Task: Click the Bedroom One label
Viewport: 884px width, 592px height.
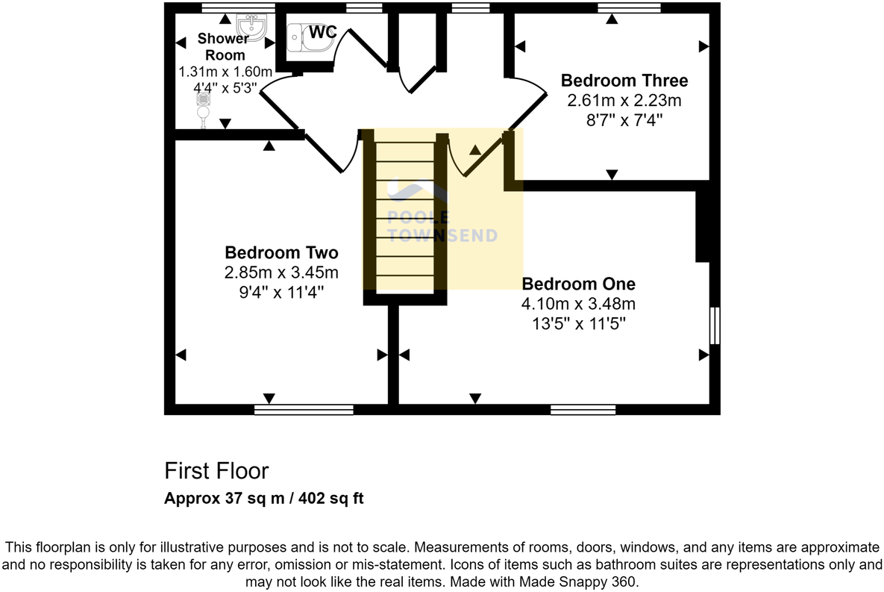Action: (x=578, y=284)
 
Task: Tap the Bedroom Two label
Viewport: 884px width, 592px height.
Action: (x=281, y=252)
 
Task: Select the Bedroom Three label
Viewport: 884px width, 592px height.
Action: (x=624, y=81)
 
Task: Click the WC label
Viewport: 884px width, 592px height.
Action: (x=322, y=33)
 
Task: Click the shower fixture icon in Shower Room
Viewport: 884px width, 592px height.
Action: (x=202, y=108)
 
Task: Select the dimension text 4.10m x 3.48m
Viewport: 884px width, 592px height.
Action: (x=578, y=304)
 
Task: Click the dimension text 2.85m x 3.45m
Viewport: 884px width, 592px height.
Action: (x=281, y=272)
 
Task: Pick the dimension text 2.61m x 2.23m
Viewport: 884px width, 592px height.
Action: (x=624, y=100)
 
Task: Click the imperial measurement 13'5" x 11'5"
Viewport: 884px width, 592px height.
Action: (x=578, y=323)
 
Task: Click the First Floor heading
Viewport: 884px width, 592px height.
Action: (x=216, y=471)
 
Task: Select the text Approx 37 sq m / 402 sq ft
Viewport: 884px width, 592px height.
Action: (x=264, y=499)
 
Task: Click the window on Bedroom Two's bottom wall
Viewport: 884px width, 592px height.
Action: (x=304, y=409)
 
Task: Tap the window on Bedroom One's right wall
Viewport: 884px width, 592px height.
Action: (x=714, y=325)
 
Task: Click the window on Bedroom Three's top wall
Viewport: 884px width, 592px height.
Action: (x=629, y=8)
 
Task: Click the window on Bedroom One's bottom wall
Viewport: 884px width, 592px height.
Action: (x=583, y=409)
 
